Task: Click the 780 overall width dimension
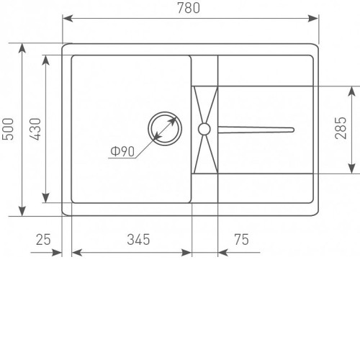click(189, 8)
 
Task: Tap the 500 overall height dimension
click(8, 129)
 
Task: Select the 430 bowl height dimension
click(35, 129)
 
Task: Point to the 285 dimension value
click(341, 128)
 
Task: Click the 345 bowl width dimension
click(138, 240)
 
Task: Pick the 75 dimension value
click(241, 240)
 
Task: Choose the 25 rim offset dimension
click(43, 240)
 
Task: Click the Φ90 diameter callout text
click(122, 151)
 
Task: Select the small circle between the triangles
click(204, 129)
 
